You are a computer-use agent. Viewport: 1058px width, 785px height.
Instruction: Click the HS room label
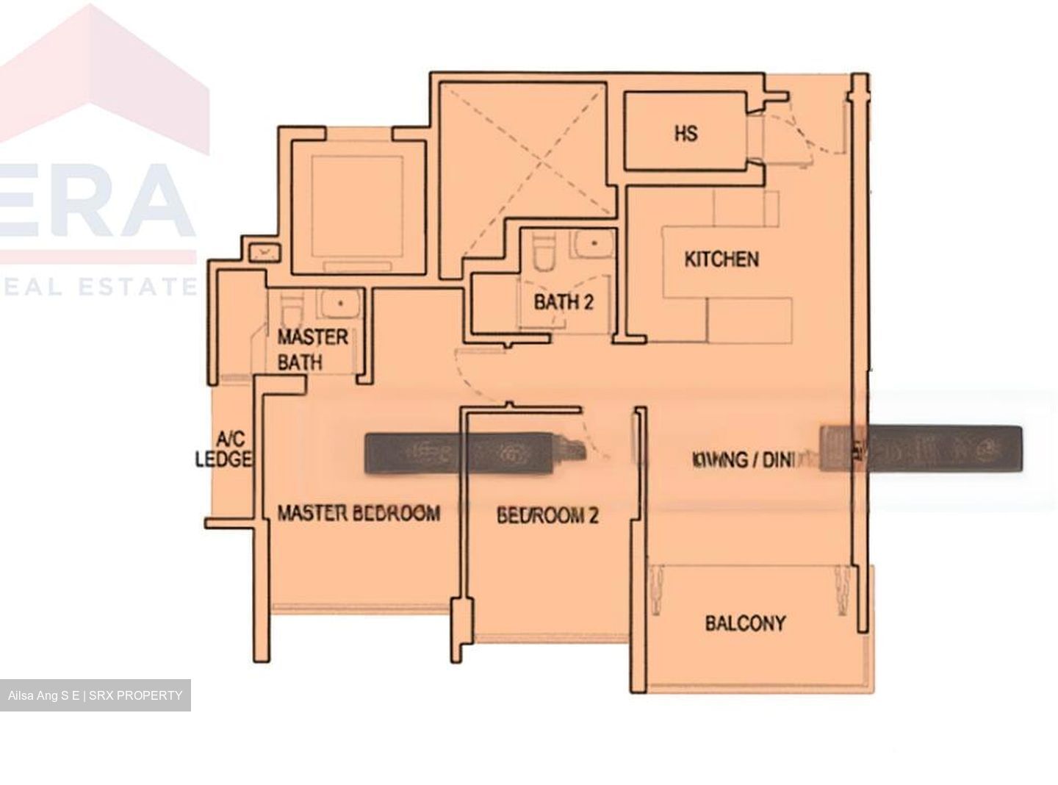click(x=685, y=134)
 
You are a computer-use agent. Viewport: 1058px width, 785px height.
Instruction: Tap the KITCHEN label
click(x=721, y=259)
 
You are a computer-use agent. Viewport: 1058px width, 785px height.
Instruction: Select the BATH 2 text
click(x=563, y=301)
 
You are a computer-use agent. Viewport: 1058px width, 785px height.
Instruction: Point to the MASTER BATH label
click(x=312, y=349)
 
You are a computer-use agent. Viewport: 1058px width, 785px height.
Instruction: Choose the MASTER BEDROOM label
click(x=359, y=512)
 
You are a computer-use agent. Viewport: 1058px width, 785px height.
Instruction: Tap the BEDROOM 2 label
click(x=547, y=515)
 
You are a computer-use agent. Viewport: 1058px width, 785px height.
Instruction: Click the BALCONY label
click(x=745, y=623)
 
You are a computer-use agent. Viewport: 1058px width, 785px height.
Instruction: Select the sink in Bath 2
click(x=590, y=243)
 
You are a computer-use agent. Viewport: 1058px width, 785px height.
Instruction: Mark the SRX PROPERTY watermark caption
click(x=95, y=695)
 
